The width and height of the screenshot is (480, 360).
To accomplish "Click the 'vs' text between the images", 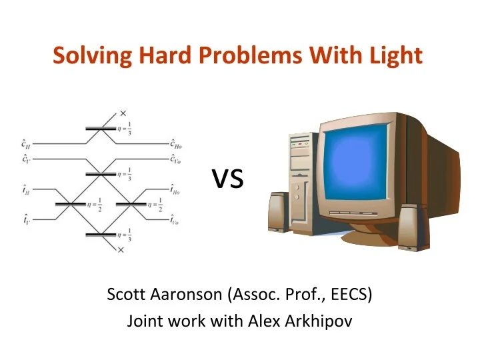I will click(x=227, y=178).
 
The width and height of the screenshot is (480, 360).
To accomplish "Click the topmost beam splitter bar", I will click(x=99, y=128).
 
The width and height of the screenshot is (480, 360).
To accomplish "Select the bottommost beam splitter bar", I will click(x=99, y=235).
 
